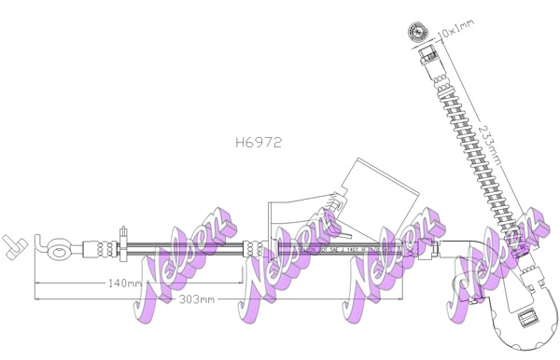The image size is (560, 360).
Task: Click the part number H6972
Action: pos(259,144)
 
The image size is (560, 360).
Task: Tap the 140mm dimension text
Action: pos(124,283)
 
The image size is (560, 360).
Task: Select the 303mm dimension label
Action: pos(198,298)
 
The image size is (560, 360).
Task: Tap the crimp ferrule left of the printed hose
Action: pos(255,249)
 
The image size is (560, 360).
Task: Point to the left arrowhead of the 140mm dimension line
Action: pos(36,283)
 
